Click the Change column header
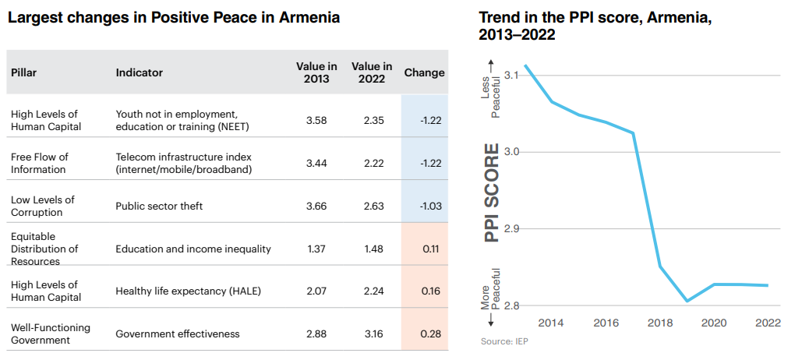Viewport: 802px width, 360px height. pos(424,72)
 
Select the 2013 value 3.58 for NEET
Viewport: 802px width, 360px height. pos(316,120)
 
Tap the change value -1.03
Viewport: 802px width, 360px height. pos(425,206)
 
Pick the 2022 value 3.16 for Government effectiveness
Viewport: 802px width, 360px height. pos(372,334)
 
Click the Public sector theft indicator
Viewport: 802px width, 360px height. pos(160,206)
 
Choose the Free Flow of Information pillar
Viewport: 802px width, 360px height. pos(40,163)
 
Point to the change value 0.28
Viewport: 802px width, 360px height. pos(426,334)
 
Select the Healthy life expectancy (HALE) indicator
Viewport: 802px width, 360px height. pos(188,291)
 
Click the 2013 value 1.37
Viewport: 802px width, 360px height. pos(316,249)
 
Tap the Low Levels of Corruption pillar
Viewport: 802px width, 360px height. pos(43,206)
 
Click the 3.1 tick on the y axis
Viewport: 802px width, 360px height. pos(512,75)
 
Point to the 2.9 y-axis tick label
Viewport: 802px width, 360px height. pos(512,228)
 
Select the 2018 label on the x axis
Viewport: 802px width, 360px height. pos(659,323)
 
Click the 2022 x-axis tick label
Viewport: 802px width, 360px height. pos(768,323)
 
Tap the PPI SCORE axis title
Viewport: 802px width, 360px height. pos(492,192)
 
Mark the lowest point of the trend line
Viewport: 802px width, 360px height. pos(687,301)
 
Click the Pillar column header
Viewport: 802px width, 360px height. pos(24,72)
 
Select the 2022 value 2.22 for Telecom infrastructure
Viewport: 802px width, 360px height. pos(372,163)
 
